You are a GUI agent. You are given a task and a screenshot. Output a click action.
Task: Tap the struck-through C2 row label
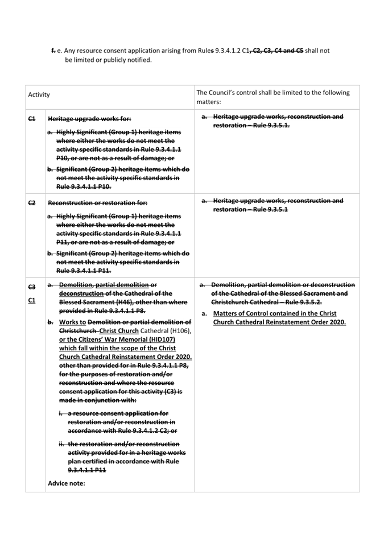[x=31, y=201]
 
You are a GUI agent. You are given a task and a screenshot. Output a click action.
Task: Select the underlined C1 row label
[x=31, y=300]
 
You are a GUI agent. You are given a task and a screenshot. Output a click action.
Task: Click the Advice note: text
[x=66, y=483]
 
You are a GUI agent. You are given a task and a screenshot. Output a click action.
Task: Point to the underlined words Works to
[x=71, y=322]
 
